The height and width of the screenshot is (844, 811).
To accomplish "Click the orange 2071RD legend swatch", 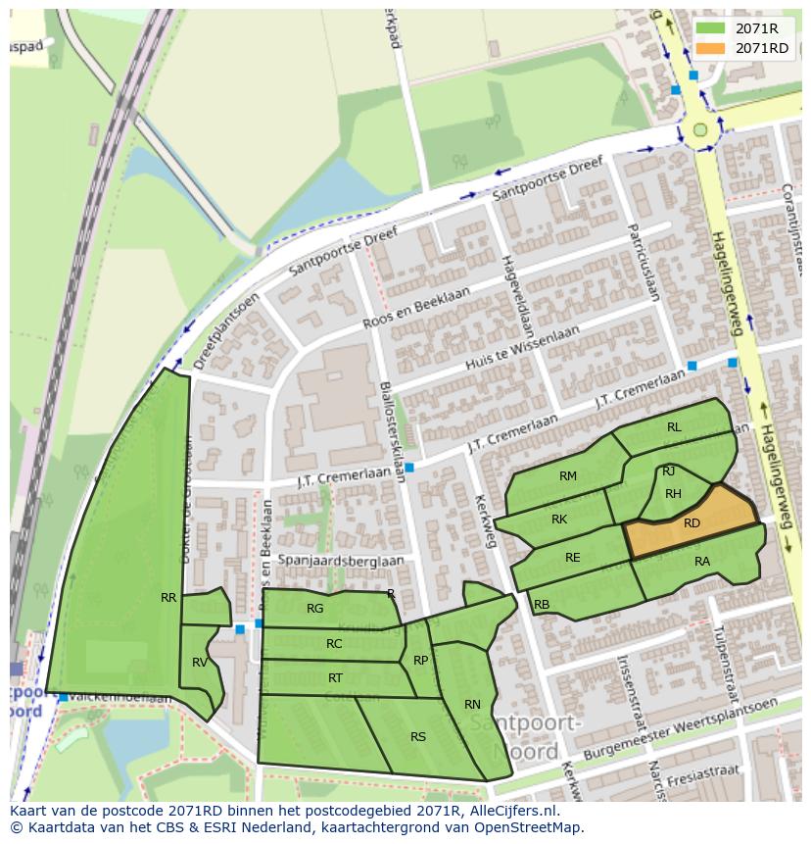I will tap(711, 48).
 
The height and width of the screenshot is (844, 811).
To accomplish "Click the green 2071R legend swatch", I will tap(711, 28).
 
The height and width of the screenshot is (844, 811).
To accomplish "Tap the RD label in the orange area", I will tap(692, 523).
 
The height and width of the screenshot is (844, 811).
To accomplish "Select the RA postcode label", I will tap(701, 562).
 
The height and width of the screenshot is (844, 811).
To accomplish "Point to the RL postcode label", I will tap(674, 427).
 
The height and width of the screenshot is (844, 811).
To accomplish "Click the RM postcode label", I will tap(568, 476).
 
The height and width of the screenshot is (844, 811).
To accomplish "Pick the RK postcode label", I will tap(559, 520).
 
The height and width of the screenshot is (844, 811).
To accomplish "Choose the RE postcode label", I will tap(573, 558).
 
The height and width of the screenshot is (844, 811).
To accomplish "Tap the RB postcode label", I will tap(542, 604).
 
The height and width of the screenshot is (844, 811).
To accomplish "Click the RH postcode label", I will tap(673, 494).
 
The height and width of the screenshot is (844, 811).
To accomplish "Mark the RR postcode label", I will tap(168, 597).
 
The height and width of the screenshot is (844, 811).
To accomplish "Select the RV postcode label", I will tap(200, 663).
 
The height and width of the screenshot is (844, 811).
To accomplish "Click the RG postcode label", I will tap(314, 609).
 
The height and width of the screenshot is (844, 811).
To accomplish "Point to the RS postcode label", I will tap(418, 737).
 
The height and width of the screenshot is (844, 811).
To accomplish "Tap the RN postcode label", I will tap(472, 704).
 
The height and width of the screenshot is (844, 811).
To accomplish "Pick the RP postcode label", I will tap(420, 660).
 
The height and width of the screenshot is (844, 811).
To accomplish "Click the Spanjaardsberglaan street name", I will tap(340, 561).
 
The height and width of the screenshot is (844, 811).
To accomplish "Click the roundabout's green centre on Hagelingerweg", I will tap(699, 129).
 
